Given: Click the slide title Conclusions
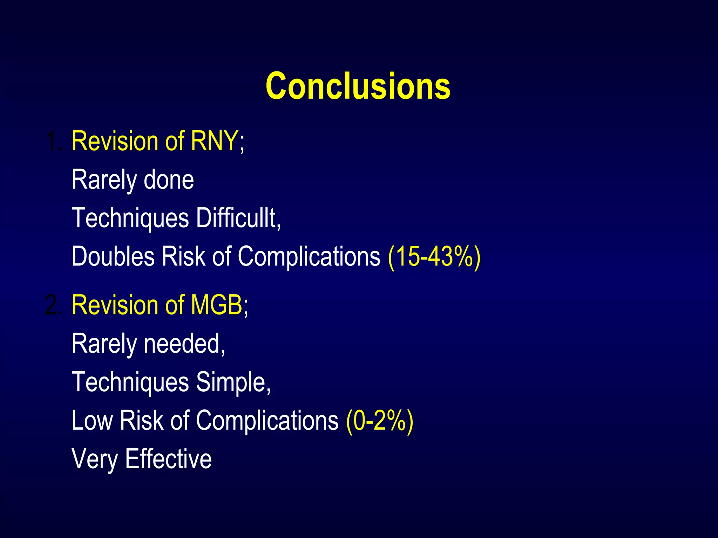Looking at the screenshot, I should [358, 86].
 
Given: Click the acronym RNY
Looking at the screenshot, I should [214, 141].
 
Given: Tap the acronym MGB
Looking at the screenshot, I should [216, 305].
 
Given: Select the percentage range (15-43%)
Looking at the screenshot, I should [434, 257].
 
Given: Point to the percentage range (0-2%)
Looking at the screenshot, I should [379, 421].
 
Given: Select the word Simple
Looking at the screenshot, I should [233, 382].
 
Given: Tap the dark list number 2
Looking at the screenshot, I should [54, 305].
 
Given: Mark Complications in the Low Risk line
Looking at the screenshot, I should [267, 421].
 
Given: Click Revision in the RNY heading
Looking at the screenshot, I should [115, 141].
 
